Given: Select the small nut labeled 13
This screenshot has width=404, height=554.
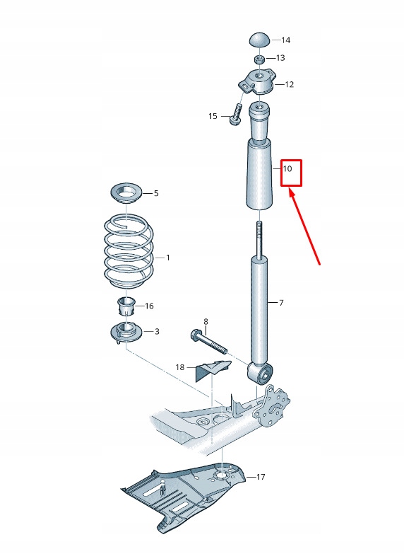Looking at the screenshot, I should click(259, 59).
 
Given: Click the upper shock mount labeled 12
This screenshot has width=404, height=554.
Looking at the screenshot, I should click(258, 82).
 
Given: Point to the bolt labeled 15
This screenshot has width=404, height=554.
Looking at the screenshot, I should click(236, 115).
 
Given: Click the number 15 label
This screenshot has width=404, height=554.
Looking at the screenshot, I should click(213, 116).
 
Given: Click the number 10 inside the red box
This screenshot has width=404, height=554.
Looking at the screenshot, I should click(287, 169).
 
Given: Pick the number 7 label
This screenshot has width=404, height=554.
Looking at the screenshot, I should click(280, 303).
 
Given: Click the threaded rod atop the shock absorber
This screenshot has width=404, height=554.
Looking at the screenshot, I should click(260, 241).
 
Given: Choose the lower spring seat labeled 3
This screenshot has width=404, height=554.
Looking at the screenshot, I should click(126, 333).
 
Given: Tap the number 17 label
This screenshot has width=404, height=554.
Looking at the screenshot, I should click(261, 477).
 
